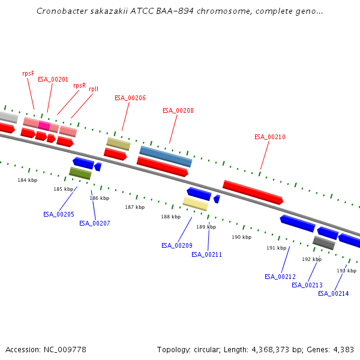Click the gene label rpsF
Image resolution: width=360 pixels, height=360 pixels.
click(28, 73)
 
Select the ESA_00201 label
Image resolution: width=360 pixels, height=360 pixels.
click(53, 79)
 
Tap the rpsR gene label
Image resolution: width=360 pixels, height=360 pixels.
click(80, 85)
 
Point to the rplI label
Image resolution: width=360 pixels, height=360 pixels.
click(94, 89)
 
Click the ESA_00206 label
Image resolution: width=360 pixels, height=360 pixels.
click(130, 98)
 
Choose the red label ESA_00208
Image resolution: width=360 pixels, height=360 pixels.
click(178, 110)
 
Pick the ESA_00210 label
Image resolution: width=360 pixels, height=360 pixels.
click(270, 137)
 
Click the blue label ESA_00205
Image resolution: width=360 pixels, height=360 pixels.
click(59, 214)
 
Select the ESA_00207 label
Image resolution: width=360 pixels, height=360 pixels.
click(95, 223)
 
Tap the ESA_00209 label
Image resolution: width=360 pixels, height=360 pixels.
click(177, 245)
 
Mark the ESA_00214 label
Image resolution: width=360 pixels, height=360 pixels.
click(334, 293)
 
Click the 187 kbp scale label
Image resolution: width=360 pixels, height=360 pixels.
click(134, 207)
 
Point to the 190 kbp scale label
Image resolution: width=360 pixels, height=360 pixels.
click(241, 237)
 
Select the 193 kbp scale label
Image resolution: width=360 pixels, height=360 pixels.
click(346, 271)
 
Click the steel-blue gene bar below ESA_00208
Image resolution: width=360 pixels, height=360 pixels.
click(166, 156)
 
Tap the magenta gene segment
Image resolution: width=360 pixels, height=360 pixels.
click(44, 125)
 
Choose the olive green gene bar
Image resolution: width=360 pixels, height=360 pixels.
click(80, 173)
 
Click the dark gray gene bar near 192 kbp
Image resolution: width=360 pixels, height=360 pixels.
click(323, 243)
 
